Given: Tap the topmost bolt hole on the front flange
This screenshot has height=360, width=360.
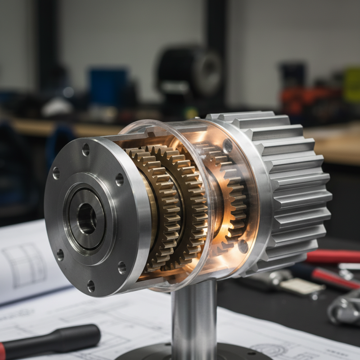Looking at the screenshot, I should [86, 150].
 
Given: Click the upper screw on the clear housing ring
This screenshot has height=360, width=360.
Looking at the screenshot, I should [228, 145].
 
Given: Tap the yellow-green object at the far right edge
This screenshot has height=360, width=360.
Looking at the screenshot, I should [352, 85].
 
